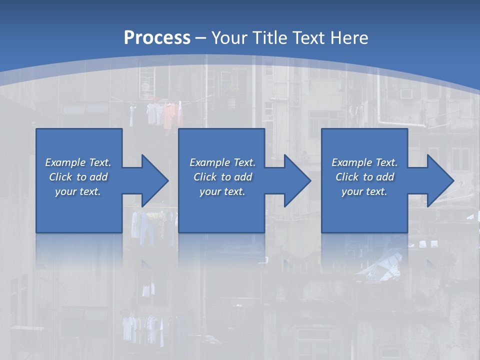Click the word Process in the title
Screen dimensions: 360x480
pyautogui.click(x=157, y=37)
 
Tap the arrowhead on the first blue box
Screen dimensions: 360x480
pyautogui.click(x=152, y=180)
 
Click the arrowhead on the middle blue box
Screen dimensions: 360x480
pyautogui.click(x=295, y=180)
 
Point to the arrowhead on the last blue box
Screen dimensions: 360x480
pyautogui.click(x=438, y=180)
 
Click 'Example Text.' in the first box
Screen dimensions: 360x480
pyautogui.click(x=78, y=162)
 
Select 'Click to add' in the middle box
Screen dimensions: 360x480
pyautogui.click(x=222, y=177)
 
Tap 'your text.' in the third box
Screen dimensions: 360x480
pyautogui.click(x=364, y=191)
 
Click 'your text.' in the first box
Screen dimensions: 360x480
pyautogui.click(x=78, y=191)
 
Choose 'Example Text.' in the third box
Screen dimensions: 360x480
pyautogui.click(x=364, y=162)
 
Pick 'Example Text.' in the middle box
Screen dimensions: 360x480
pyautogui.click(x=222, y=162)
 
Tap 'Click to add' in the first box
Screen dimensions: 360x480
pyautogui.click(x=78, y=177)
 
